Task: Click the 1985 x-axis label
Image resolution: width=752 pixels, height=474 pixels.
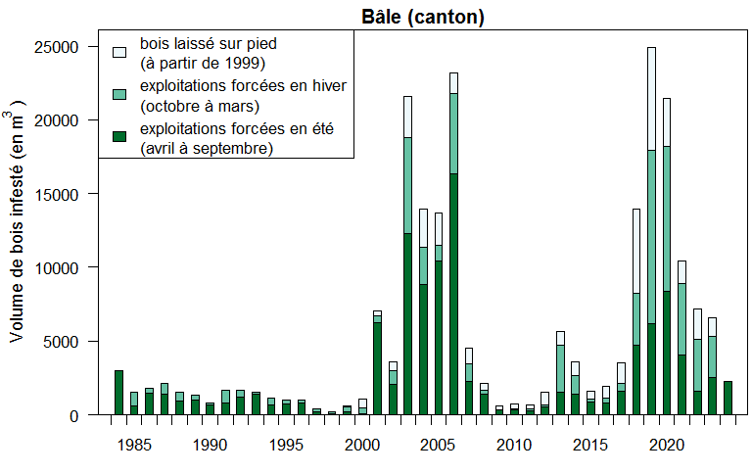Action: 134,446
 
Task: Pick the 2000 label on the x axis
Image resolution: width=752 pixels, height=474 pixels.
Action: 362,446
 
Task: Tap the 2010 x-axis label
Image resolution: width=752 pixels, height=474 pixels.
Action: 514,446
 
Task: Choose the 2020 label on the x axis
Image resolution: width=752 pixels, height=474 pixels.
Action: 667,446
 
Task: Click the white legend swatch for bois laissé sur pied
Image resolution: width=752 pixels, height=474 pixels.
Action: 119,51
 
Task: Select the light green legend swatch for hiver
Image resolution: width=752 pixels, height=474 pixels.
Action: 119,93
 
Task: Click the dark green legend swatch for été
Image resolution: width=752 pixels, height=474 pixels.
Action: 119,136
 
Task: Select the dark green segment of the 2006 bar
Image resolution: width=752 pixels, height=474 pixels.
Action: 453,294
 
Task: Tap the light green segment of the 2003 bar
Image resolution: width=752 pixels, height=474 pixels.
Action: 407,185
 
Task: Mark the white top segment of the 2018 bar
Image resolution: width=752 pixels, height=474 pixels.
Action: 636,251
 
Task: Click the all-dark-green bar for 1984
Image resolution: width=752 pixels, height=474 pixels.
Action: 118,393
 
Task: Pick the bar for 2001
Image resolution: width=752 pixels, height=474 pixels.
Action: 377,367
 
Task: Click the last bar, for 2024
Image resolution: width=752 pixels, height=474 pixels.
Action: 728,398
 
